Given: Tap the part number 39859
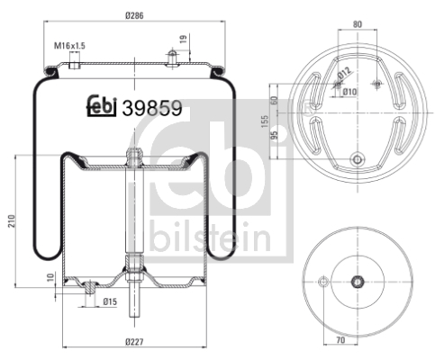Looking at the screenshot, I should (x=152, y=107).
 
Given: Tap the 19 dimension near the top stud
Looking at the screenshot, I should (x=183, y=40).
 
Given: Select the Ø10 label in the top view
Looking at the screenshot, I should (x=349, y=91).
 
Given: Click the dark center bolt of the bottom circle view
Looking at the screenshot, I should (x=358, y=280).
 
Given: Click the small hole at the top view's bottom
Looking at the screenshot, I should (x=358, y=162).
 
